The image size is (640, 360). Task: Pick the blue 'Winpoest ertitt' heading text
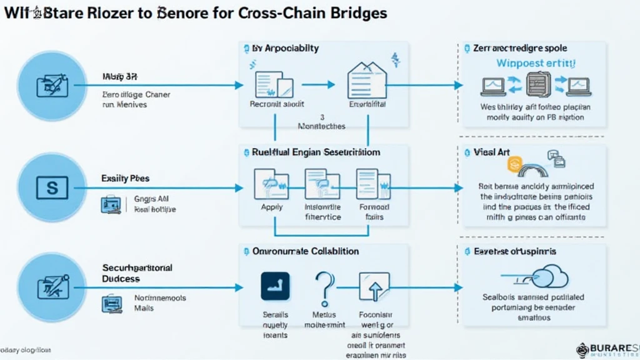tap(536, 64)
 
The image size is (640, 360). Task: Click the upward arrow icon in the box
tap(374, 288)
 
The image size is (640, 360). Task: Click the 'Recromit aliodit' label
tap(276, 104)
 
